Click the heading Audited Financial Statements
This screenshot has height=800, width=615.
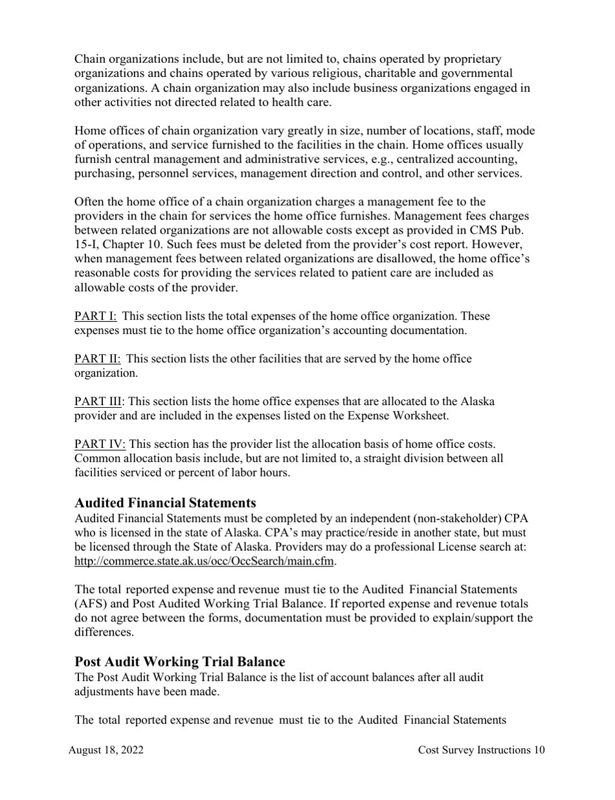pos(165,503)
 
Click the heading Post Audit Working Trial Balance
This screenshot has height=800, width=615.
pos(179,662)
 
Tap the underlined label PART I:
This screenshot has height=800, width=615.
pos(95,317)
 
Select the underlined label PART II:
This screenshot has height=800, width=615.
pos(98,359)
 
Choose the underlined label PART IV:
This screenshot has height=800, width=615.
pos(100,444)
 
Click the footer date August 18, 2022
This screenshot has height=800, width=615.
pos(106,750)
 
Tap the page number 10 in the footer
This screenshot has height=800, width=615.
pos(539,750)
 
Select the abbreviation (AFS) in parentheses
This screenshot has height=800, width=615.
pos(90,604)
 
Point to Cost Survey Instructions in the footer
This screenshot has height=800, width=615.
pos(474,750)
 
